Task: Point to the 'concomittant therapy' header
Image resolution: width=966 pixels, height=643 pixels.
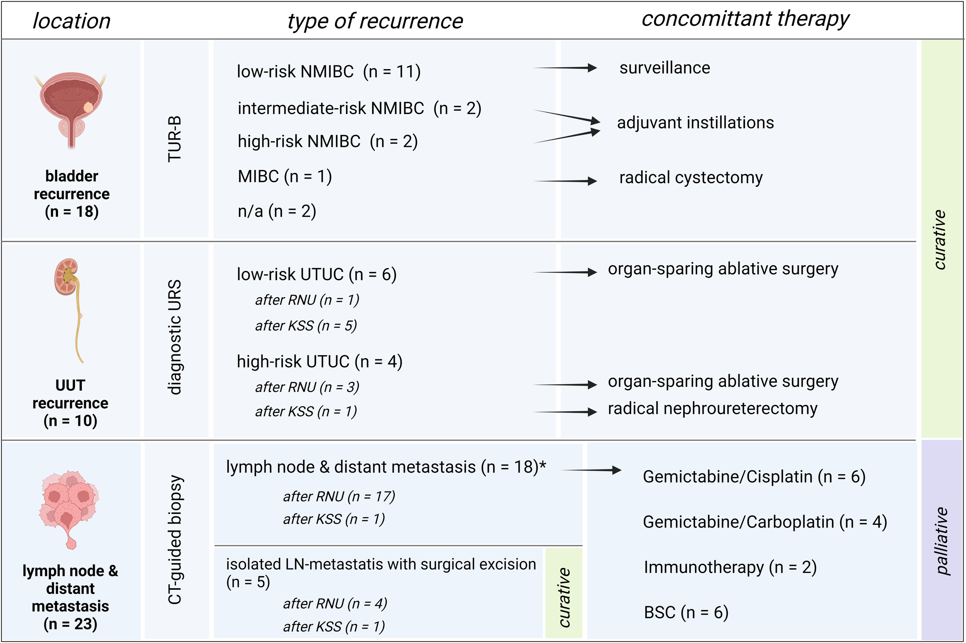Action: pos(745,19)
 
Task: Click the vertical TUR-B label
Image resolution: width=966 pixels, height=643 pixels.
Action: pos(175,139)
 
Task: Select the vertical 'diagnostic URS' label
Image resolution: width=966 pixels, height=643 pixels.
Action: pos(175,337)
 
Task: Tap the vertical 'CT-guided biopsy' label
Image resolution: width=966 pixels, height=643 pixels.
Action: pos(175,540)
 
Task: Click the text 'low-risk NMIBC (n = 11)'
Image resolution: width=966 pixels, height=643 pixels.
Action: pos(328,71)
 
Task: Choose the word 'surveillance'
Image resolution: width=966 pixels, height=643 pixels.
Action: pos(664,68)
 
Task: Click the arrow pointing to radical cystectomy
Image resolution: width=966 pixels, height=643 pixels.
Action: pos(565,181)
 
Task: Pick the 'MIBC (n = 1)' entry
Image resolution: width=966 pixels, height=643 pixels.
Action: pos(284,176)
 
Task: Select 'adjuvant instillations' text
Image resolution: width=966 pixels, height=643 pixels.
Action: pos(696,122)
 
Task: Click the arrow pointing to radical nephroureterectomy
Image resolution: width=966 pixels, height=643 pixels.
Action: pos(565,411)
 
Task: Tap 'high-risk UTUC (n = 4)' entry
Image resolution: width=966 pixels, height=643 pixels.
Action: pos(320,361)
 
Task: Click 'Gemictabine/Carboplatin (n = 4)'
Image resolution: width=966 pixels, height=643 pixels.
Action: pos(765,522)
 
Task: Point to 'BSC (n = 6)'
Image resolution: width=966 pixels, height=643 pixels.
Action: pos(686,612)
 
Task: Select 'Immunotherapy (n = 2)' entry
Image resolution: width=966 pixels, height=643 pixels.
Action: pos(730,567)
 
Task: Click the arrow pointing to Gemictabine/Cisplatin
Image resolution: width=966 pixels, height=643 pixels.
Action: pos(590,470)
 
